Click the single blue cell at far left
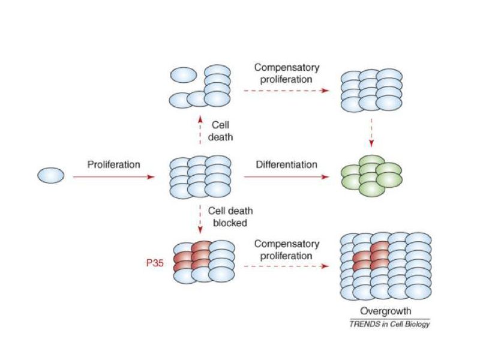click(51, 176)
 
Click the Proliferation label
click(113, 164)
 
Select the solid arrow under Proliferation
click(113, 177)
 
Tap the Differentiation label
click(287, 164)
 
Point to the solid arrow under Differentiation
click(287, 177)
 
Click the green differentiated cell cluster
click(372, 176)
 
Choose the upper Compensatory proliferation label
click(286, 74)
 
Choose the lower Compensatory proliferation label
click(286, 250)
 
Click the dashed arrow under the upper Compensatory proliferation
click(286, 91)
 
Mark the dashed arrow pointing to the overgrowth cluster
click(286, 265)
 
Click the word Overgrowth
click(385, 311)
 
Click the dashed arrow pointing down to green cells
click(372, 133)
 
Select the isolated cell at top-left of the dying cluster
click(184, 75)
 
